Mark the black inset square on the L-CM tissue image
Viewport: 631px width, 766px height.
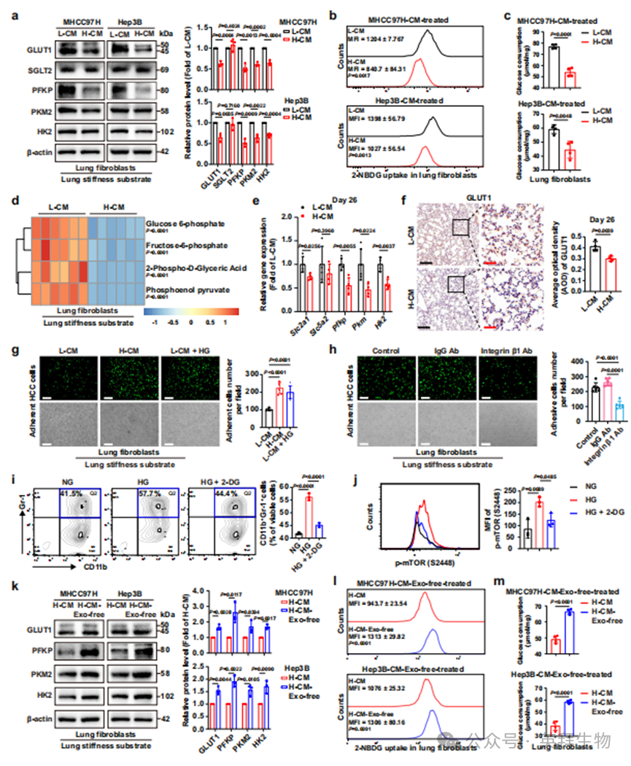pos(460,228)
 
